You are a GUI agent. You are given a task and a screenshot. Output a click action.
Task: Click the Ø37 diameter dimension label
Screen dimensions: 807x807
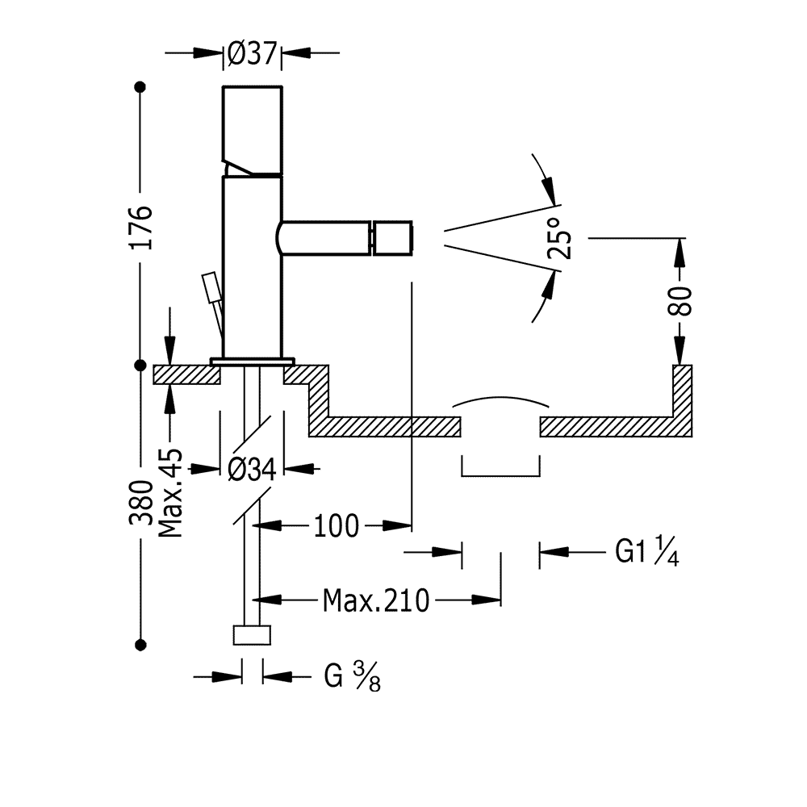(x=252, y=54)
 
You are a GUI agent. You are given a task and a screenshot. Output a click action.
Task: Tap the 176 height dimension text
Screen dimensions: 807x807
(x=140, y=228)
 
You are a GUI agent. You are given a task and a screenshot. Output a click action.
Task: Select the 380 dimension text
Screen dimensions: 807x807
(x=140, y=503)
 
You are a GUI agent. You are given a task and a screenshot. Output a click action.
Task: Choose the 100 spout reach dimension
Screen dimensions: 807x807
(x=336, y=527)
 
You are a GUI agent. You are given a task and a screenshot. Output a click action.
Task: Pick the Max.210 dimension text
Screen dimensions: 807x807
(x=376, y=600)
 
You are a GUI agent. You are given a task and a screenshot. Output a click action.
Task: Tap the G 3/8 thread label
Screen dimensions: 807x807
(x=352, y=676)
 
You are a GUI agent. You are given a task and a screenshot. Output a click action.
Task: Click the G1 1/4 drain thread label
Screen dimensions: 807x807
(x=646, y=552)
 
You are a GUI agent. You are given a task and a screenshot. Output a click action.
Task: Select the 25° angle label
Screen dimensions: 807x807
(x=561, y=239)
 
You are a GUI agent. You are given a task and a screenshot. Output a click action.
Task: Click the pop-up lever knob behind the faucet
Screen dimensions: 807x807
(x=211, y=287)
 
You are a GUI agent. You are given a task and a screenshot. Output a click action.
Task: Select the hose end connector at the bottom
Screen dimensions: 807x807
(x=252, y=634)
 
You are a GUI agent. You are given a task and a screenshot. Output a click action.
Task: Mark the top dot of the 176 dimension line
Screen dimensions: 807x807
(x=140, y=86)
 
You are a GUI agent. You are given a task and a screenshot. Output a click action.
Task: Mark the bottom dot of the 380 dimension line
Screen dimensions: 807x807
(x=140, y=644)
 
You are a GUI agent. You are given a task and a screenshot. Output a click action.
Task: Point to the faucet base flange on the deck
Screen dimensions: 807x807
(x=252, y=361)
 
